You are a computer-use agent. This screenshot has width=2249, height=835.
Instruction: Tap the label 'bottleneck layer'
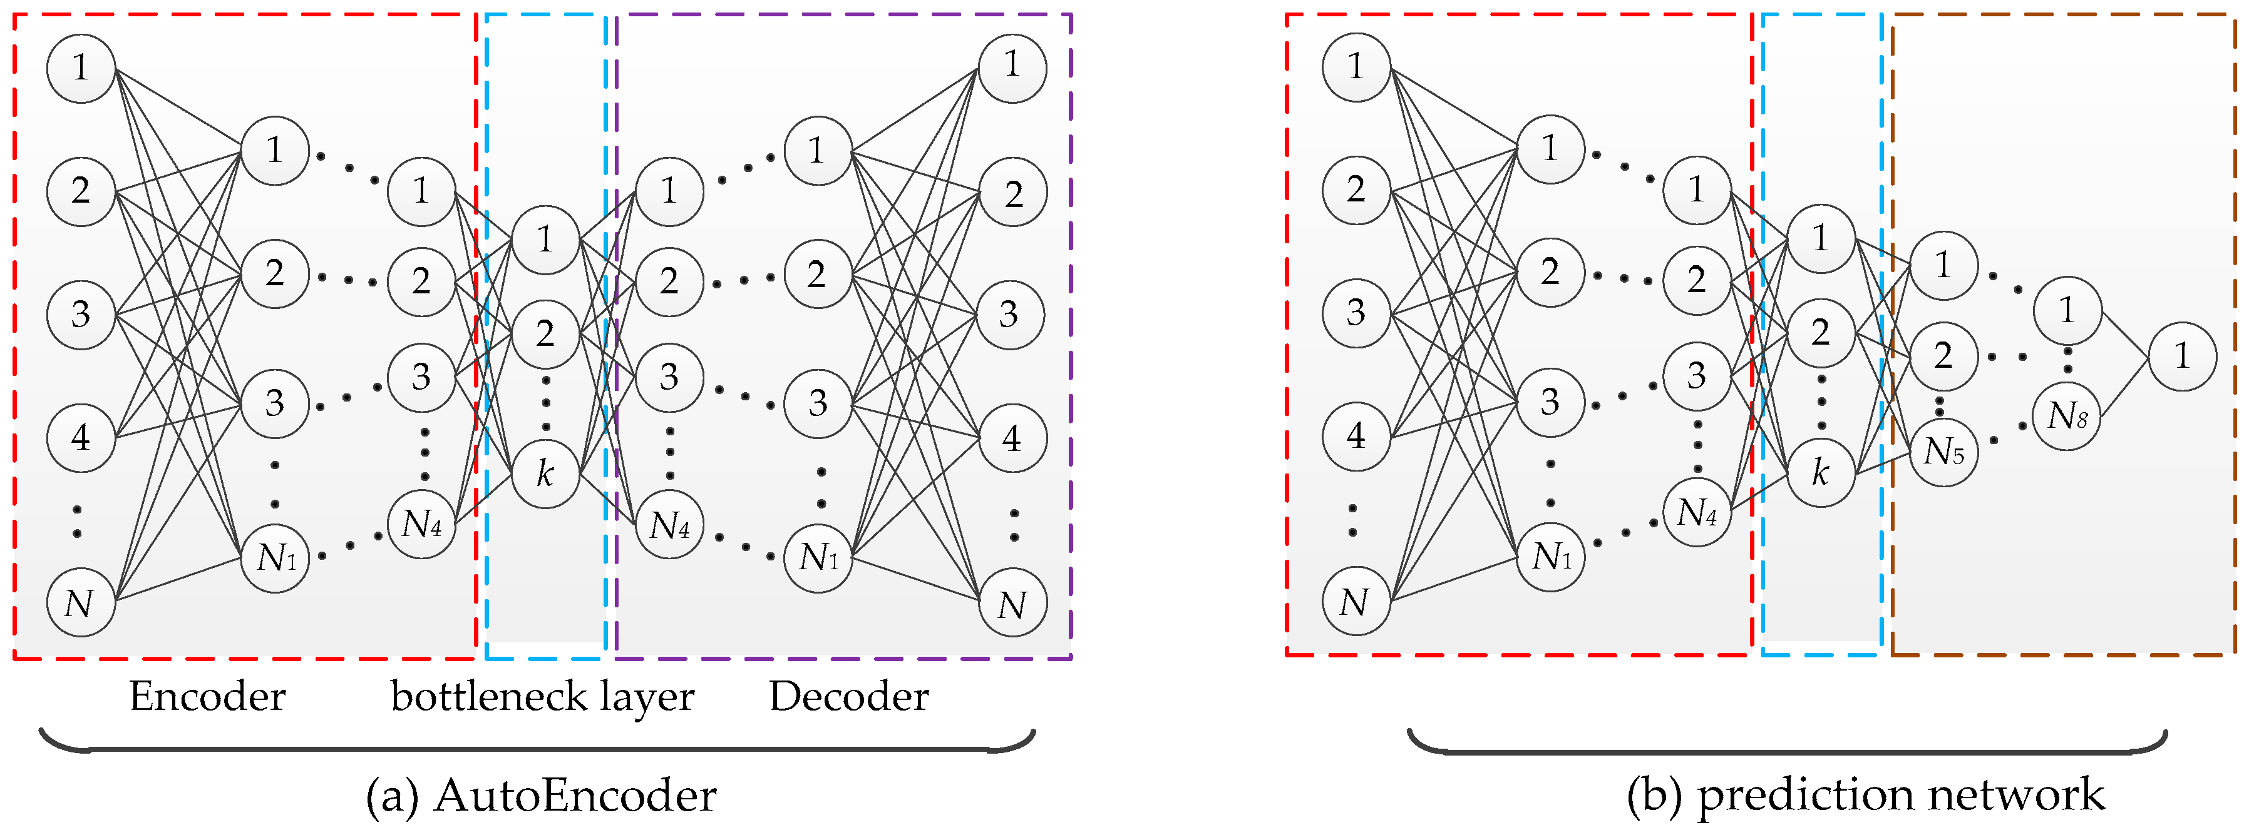pos(542,696)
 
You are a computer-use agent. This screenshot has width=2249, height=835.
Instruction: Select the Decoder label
pos(848,696)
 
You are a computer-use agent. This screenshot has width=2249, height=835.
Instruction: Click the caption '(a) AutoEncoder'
pos(542,795)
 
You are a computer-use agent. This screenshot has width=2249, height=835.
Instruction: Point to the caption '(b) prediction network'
pos(1866,795)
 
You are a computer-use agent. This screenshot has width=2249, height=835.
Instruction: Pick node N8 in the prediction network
pos(2067,415)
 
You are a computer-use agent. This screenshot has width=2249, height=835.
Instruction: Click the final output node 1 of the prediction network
pos(2182,356)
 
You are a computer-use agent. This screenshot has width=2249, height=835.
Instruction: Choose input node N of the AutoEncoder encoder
pos(80,602)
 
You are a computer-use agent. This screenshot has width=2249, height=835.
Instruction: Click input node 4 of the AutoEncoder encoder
pos(80,436)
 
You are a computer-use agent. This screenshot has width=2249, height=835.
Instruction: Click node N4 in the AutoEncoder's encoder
pos(422,524)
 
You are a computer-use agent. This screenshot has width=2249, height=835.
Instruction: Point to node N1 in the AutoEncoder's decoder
pos(818,557)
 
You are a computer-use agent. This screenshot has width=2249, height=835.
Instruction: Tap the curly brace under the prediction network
pos(1787,749)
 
